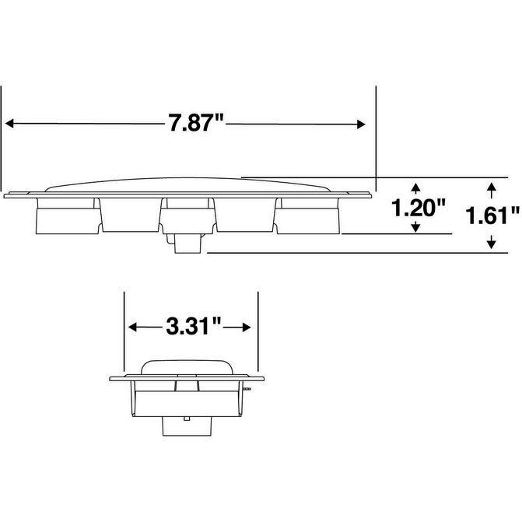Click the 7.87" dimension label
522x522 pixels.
click(x=195, y=122)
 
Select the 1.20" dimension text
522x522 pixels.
click(x=418, y=208)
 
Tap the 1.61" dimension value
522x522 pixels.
click(x=492, y=215)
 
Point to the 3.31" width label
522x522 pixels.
click(x=194, y=326)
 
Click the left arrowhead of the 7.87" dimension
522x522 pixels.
click(x=9, y=124)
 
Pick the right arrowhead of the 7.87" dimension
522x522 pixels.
click(x=361, y=124)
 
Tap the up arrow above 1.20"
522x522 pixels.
click(x=415, y=188)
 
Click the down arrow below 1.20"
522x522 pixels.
click(x=415, y=227)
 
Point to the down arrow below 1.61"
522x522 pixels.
click(x=492, y=242)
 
